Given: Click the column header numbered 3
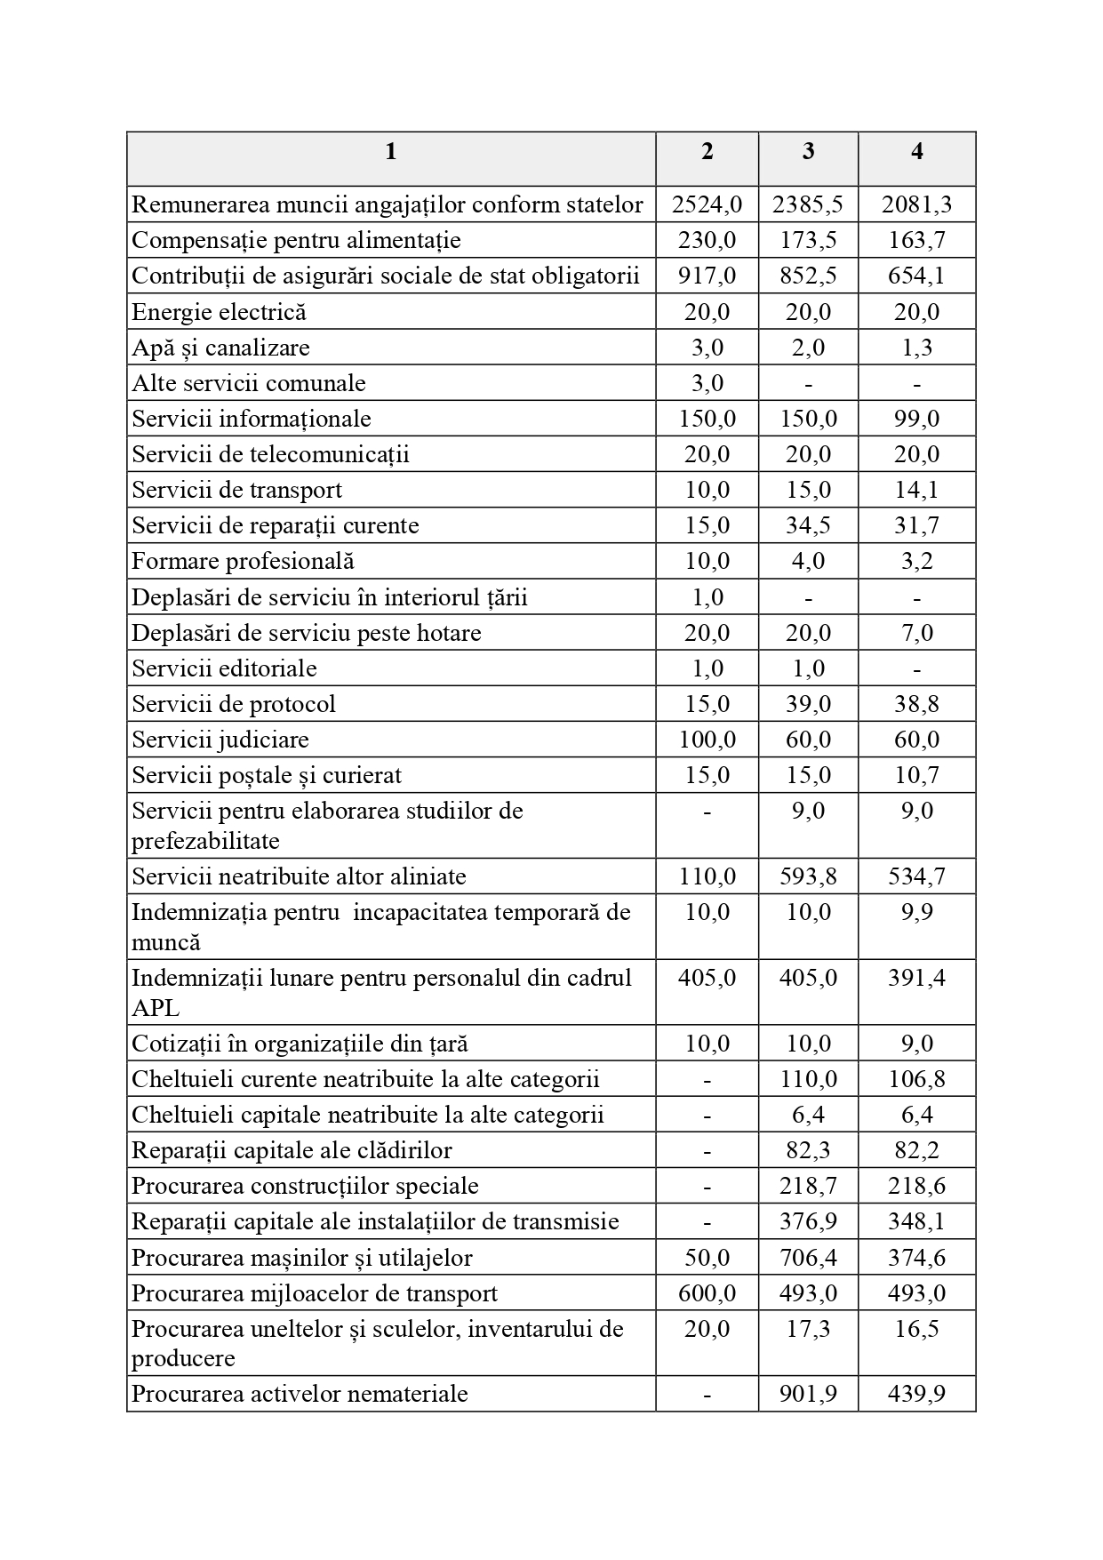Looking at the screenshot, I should (808, 152).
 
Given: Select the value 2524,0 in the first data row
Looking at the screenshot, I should (707, 205).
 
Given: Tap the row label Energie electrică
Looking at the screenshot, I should (219, 312).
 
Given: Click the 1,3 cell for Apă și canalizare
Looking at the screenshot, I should (916, 348).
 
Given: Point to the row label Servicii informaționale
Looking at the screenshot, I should (252, 419).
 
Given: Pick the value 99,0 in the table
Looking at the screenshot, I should (916, 419).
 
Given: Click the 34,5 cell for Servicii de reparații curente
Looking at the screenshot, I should (807, 525).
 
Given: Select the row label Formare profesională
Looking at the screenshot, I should (243, 561).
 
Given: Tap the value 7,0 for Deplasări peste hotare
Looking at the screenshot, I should (916, 633).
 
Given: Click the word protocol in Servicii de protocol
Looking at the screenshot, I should (292, 704).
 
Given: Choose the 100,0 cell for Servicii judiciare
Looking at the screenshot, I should (707, 740).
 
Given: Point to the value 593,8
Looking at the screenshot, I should (807, 876).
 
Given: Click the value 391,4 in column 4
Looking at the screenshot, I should (916, 978).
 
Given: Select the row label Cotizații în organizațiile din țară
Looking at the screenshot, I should (300, 1044).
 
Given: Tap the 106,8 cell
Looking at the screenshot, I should (916, 1079).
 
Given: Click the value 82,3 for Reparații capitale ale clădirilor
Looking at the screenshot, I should (807, 1150).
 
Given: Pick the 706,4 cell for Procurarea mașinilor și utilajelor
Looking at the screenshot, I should (807, 1258).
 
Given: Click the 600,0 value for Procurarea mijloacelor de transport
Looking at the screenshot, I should (707, 1293).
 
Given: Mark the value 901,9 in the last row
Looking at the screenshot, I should (807, 1394).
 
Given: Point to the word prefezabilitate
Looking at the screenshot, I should (205, 841).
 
